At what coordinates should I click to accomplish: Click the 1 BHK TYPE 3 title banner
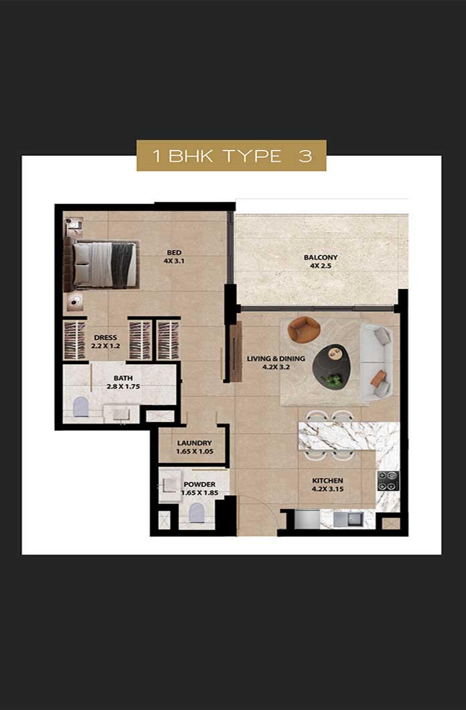232,155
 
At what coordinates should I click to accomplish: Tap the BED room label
174,253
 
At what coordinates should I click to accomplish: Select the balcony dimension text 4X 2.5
321,266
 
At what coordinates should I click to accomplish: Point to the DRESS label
106,337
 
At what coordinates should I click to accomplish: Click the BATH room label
123,378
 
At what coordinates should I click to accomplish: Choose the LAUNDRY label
194,443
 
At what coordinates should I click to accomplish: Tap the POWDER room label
200,484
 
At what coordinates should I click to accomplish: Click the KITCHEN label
327,480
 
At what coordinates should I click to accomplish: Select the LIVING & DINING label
276,359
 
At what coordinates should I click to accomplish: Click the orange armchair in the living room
304,329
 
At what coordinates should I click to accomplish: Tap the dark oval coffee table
332,365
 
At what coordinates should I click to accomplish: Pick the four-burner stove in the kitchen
388,481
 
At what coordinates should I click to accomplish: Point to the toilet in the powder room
197,513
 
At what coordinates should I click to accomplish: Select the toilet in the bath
80,407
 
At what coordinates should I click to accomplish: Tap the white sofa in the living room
376,361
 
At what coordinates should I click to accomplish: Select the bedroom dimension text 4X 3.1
174,261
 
